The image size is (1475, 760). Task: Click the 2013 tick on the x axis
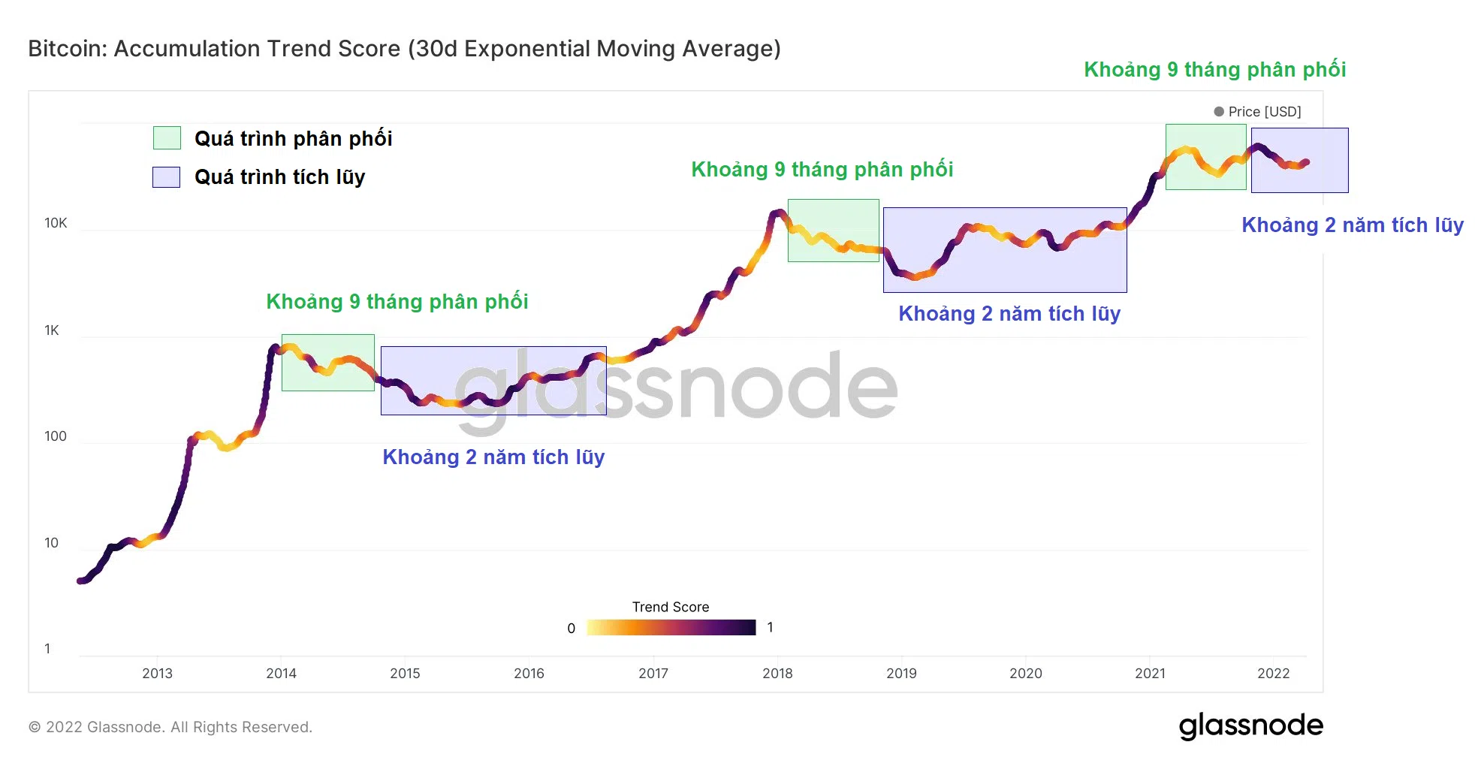pyautogui.click(x=157, y=674)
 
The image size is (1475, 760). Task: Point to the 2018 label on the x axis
pyautogui.click(x=777, y=674)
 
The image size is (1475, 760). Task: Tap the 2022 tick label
pyautogui.click(x=1273, y=674)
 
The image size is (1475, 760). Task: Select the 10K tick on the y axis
pyautogui.click(x=56, y=223)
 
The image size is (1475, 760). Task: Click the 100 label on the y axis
pyautogui.click(x=56, y=436)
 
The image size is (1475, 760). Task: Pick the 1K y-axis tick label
pyautogui.click(x=52, y=330)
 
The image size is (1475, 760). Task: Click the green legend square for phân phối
pyautogui.click(x=167, y=138)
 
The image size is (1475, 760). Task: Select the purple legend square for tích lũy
pyautogui.click(x=166, y=177)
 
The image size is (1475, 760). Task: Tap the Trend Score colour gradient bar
pyautogui.click(x=671, y=628)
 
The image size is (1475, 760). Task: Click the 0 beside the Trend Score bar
pyautogui.click(x=572, y=629)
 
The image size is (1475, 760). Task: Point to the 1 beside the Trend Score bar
pyautogui.click(x=771, y=628)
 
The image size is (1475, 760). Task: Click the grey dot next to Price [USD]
pyautogui.click(x=1219, y=111)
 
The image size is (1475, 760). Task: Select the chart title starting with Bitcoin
pyautogui.click(x=404, y=49)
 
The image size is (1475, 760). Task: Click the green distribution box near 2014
pyautogui.click(x=327, y=363)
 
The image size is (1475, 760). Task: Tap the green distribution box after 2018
pyautogui.click(x=833, y=231)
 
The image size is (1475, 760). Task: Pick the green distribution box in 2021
pyautogui.click(x=1205, y=157)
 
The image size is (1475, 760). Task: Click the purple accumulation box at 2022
pyautogui.click(x=1299, y=161)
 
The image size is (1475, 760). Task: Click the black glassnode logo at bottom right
pyautogui.click(x=1250, y=726)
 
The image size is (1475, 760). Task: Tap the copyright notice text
pyautogui.click(x=170, y=727)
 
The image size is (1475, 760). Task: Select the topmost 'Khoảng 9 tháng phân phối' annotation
pyautogui.click(x=1214, y=70)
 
